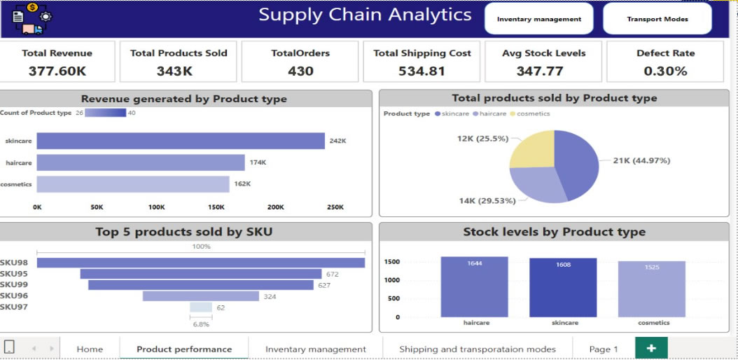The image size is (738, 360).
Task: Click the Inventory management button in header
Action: point(538,19)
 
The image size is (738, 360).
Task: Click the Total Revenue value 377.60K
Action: point(57,71)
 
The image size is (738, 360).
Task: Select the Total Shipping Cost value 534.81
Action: point(422,71)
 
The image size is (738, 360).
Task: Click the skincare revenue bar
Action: point(181,141)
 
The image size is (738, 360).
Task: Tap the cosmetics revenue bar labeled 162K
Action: point(133,184)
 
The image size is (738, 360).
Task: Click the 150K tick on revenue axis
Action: point(216,207)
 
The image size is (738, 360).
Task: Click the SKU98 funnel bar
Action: point(201,263)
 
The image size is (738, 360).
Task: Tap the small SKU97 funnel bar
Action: point(200,307)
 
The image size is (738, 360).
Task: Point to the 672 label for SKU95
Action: point(332,274)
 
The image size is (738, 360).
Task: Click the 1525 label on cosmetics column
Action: point(651,268)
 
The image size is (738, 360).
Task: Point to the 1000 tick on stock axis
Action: point(391,280)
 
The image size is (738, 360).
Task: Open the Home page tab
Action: point(90,349)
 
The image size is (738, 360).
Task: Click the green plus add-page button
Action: point(651,348)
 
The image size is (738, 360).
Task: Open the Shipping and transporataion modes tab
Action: point(478,349)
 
